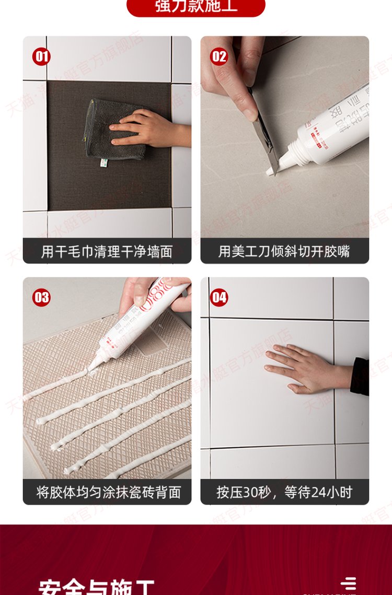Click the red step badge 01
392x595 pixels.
point(41,56)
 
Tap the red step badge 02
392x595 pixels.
point(219,56)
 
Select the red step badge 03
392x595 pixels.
point(41,298)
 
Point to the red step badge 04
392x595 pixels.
point(219,298)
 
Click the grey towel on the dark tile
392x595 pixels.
point(112,131)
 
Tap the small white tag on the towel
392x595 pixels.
point(103,163)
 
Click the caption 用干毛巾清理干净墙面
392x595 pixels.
point(107,252)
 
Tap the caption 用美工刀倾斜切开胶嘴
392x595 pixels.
point(284,252)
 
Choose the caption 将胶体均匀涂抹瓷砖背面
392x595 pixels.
point(107,492)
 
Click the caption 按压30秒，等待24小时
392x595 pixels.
point(284,492)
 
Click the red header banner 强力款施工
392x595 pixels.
point(196,7)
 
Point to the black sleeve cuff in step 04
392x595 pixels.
point(360,376)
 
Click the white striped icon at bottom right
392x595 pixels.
point(348,584)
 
